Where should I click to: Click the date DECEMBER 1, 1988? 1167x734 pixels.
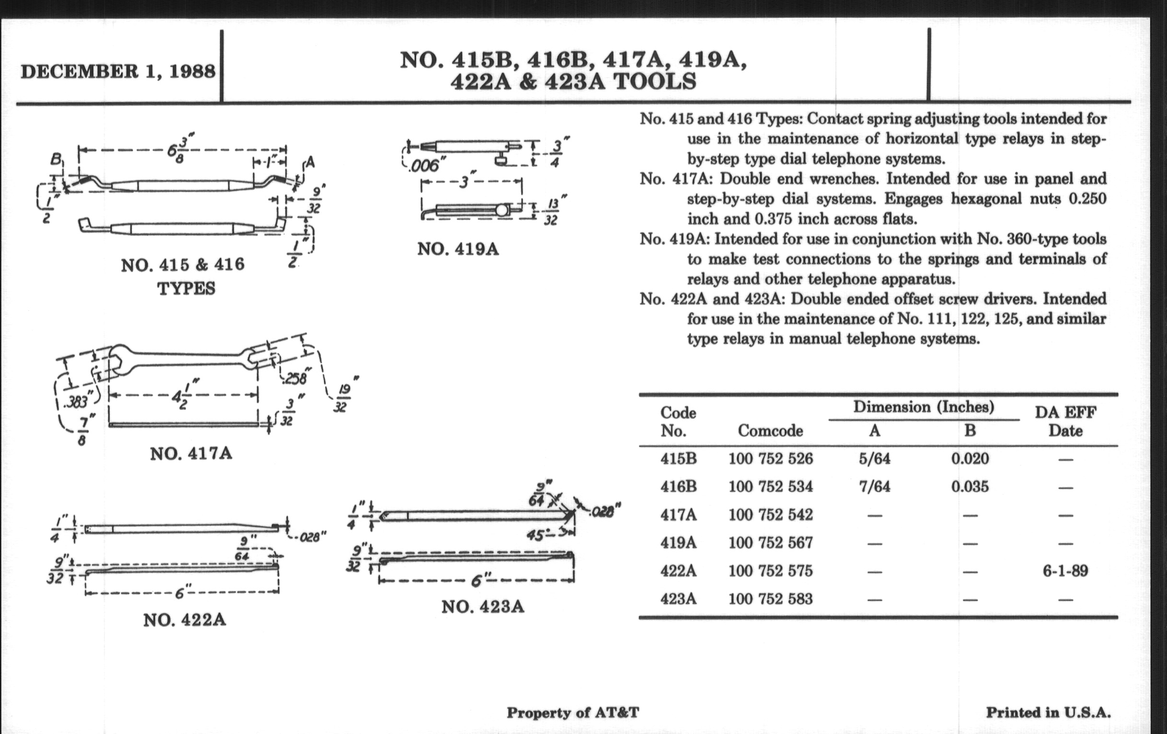click(x=118, y=71)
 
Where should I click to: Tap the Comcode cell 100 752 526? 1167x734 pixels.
click(x=770, y=458)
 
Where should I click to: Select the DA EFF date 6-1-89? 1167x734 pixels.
click(x=1065, y=571)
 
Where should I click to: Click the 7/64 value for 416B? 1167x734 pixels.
click(x=874, y=486)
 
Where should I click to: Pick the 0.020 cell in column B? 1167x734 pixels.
click(x=970, y=458)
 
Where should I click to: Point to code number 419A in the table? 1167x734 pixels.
click(x=678, y=543)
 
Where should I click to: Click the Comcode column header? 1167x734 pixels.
click(x=770, y=431)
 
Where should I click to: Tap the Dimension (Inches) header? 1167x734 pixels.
click(x=924, y=407)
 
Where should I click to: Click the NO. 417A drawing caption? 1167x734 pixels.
click(x=191, y=454)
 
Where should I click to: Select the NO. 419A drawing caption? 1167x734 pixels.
click(x=458, y=249)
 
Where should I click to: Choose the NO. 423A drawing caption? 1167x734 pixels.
click(x=483, y=606)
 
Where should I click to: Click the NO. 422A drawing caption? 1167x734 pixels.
click(x=185, y=620)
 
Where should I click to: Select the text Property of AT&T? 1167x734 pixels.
click(x=573, y=713)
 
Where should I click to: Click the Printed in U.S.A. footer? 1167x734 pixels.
click(x=1048, y=713)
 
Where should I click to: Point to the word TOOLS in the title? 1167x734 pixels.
click(x=655, y=82)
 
